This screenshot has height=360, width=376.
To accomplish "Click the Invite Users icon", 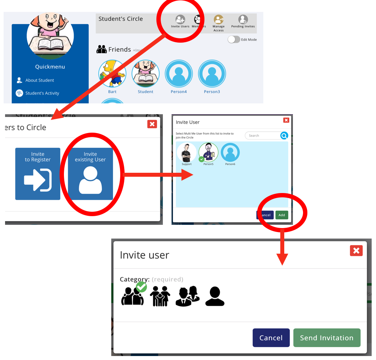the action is [180, 20].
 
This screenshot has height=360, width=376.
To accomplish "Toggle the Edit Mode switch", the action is [234, 39].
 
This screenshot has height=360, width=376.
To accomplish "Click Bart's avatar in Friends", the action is [112, 74].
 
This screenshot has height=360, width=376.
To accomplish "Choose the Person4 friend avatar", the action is [179, 74].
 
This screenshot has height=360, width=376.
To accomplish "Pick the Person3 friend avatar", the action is [212, 74].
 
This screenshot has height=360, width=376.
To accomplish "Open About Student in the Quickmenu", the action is [39, 80].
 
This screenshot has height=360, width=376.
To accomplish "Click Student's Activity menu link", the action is [42, 93].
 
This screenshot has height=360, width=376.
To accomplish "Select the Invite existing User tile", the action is [90, 174].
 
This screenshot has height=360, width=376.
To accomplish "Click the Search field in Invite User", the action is [262, 136].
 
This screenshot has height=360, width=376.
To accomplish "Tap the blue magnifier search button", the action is [284, 136].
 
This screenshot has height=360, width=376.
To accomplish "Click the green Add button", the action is [282, 215].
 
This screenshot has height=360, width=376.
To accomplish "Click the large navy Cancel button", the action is [271, 338].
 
